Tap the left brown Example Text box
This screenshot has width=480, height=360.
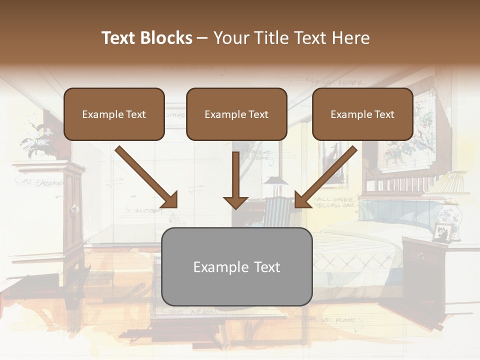[x=114, y=114]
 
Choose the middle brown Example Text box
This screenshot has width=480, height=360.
[x=236, y=114]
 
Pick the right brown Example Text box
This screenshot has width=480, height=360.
[x=362, y=114]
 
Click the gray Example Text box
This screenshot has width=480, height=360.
[x=236, y=266]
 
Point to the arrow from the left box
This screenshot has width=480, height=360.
[x=146, y=177]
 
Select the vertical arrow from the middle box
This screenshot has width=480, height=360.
[x=235, y=180]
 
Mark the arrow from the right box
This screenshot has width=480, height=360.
[x=326, y=177]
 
